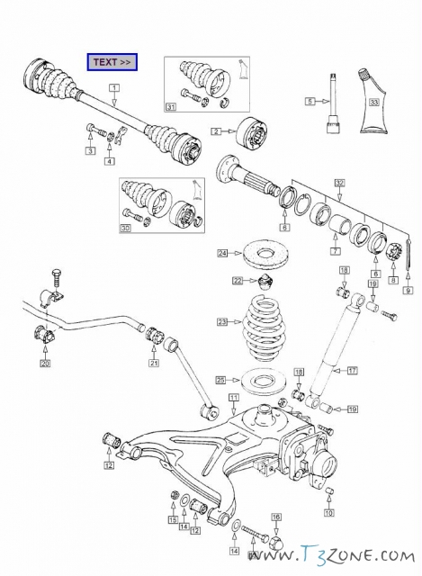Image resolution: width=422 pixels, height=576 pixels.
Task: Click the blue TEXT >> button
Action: tap(112, 62)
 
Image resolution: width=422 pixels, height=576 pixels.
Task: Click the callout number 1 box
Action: tap(114, 87)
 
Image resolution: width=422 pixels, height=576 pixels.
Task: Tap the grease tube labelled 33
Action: tap(374, 102)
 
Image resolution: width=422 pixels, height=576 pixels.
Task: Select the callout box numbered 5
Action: tap(310, 101)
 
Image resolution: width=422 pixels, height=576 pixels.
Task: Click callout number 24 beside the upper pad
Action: tap(222, 253)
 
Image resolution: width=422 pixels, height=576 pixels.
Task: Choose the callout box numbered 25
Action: tap(220, 380)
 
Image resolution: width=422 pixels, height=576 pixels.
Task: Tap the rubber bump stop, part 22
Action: tap(265, 282)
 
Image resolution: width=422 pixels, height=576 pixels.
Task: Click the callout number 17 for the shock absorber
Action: tap(352, 370)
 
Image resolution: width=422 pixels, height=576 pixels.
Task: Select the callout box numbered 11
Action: tap(234, 398)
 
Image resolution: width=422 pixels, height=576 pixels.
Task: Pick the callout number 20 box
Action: tap(45, 364)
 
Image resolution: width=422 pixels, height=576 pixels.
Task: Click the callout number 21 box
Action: tap(154, 363)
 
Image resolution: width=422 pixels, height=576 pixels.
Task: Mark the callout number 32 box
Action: tap(340, 183)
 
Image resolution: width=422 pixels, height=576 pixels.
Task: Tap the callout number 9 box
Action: tap(408, 290)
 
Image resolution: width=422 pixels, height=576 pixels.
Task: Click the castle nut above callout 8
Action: tap(394, 254)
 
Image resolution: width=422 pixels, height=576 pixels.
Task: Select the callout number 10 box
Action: tap(329, 512)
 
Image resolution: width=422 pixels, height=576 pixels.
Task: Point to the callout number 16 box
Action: tap(276, 517)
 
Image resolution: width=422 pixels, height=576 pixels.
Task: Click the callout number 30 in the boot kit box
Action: tap(126, 228)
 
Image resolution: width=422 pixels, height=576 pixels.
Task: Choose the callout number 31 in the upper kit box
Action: tap(171, 107)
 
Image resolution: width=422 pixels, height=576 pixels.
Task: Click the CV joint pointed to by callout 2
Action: tap(252, 132)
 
